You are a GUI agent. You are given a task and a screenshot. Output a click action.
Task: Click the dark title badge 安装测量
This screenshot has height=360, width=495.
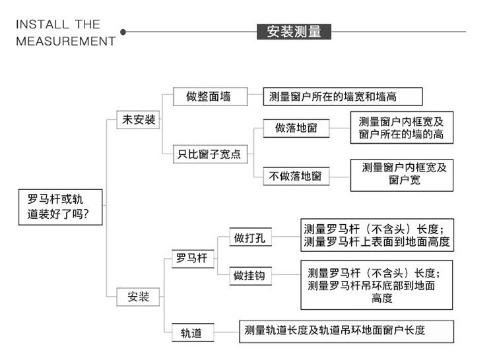(x=294, y=31)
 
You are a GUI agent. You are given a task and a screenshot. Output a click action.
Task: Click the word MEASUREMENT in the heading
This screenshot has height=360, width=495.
(x=65, y=41)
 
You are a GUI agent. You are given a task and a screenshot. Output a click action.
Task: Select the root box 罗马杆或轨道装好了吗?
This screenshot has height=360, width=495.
(x=61, y=206)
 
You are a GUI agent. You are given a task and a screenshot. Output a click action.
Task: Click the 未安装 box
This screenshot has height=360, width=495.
(x=139, y=119)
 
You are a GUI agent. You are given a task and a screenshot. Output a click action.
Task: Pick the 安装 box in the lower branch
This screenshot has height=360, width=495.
(x=139, y=297)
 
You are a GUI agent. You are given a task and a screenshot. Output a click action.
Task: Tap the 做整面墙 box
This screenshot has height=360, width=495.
(x=211, y=97)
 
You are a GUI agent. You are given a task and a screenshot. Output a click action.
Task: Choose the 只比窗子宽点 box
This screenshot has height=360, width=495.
(x=211, y=155)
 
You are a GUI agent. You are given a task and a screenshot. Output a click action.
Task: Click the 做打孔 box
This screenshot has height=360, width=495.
(x=249, y=238)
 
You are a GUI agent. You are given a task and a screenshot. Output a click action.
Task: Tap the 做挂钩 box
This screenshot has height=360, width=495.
(x=249, y=276)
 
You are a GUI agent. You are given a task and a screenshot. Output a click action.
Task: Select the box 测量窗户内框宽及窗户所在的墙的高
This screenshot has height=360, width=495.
(x=401, y=128)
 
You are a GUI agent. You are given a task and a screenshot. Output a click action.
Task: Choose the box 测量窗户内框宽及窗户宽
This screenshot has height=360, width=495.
(x=401, y=175)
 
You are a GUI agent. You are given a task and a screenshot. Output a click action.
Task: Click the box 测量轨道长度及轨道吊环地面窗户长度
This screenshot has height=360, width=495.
(x=346, y=330)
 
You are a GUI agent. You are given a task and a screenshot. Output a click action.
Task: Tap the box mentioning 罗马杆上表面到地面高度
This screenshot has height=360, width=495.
(x=377, y=235)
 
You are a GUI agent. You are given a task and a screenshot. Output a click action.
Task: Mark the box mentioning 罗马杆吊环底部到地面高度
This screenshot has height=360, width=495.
(x=377, y=285)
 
